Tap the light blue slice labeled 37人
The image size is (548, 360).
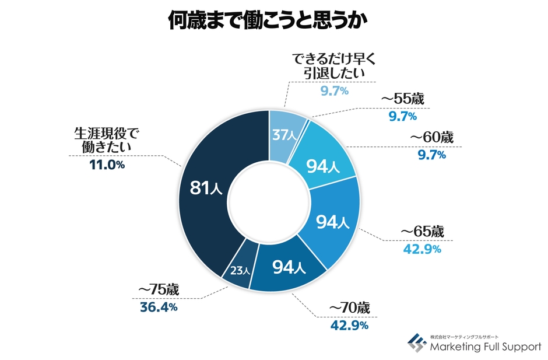[x=286, y=135]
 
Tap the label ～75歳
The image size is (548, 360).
[x=158, y=289]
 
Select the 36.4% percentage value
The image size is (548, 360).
[x=158, y=306]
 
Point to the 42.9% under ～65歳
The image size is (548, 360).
[x=421, y=250]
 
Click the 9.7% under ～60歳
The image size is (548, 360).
[x=431, y=155]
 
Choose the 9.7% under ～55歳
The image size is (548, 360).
[x=402, y=116]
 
